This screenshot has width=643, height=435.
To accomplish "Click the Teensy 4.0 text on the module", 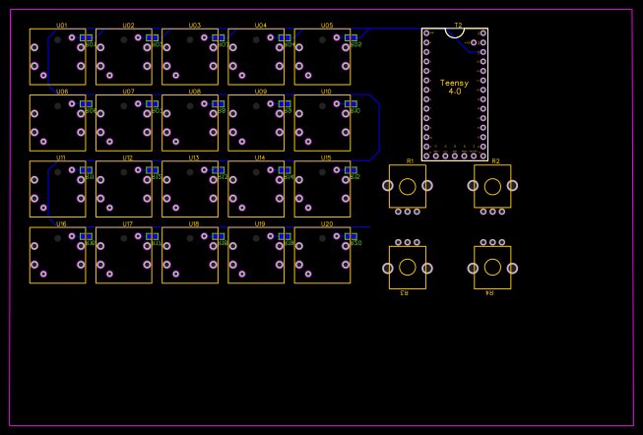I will [x=454, y=87].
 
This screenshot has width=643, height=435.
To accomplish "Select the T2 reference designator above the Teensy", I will [x=458, y=25].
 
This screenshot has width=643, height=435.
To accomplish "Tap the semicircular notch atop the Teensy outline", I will [x=454, y=32].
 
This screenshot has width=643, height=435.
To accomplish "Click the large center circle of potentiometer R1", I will [x=407, y=186].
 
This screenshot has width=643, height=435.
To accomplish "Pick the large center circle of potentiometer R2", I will [x=492, y=186].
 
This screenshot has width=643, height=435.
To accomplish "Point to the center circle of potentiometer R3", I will [x=407, y=267].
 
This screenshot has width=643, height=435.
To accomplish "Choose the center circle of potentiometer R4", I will [x=492, y=267].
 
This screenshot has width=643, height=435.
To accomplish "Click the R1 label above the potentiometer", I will [x=410, y=161].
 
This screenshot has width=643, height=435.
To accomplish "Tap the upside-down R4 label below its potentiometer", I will [x=489, y=292].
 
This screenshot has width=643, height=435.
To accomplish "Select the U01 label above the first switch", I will [x=62, y=26].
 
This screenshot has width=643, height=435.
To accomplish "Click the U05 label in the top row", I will [x=326, y=26].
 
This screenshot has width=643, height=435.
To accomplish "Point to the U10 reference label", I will [x=326, y=92].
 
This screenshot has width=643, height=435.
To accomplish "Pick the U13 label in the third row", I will [x=194, y=157].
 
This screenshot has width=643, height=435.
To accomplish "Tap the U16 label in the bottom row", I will [x=62, y=223].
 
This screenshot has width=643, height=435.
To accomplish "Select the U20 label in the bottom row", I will [x=326, y=223].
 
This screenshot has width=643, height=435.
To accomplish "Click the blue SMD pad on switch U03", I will [x=219, y=37].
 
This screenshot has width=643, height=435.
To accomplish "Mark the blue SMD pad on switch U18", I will [x=219, y=236].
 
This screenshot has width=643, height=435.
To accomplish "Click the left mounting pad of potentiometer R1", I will [x=389, y=185].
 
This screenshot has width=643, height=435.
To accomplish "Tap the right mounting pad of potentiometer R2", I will [x=512, y=185].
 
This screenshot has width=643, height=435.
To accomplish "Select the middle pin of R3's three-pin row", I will [x=408, y=242].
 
